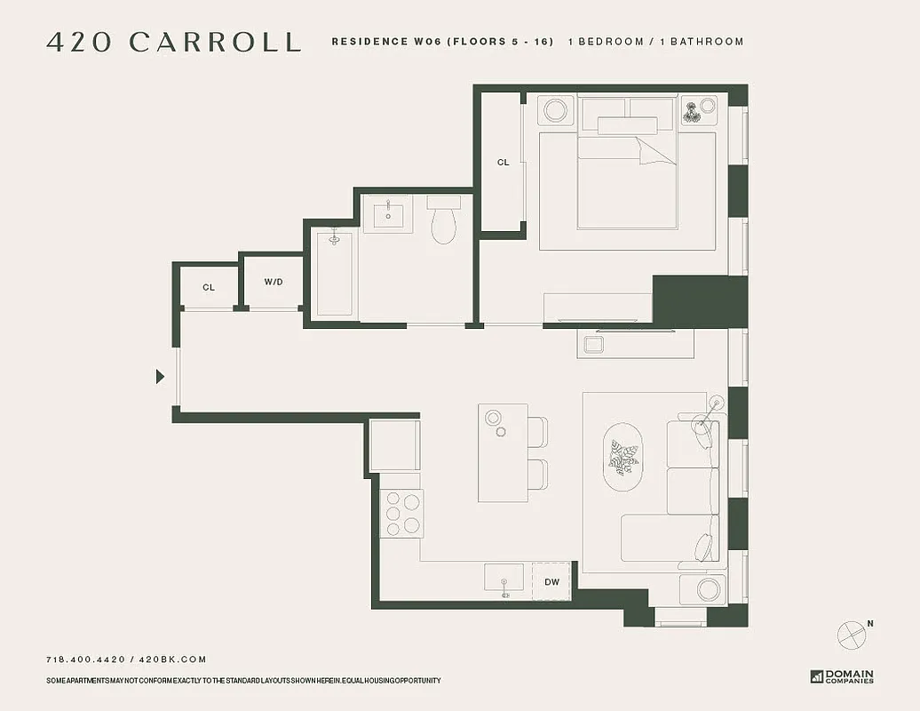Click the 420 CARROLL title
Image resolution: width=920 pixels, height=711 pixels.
click(173, 42)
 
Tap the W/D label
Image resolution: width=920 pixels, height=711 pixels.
click(274, 283)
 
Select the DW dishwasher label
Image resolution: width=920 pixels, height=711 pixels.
click(551, 582)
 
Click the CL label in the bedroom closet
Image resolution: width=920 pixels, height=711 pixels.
click(504, 163)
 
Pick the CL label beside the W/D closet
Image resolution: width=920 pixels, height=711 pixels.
click(209, 288)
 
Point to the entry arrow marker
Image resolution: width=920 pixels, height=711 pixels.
click(160, 377)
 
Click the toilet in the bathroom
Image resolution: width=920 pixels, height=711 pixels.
click(443, 220)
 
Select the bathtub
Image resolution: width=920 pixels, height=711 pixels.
click(334, 273)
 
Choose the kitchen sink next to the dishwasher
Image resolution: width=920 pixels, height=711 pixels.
click(504, 578)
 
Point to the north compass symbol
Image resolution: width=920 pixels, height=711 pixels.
click(852, 634)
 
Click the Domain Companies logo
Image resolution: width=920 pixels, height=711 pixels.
click(842, 676)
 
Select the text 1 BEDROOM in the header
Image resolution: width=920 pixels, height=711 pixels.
click(607, 42)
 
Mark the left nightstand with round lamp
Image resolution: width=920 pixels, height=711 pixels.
click(556, 111)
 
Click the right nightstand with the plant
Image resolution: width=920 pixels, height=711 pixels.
click(698, 111)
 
